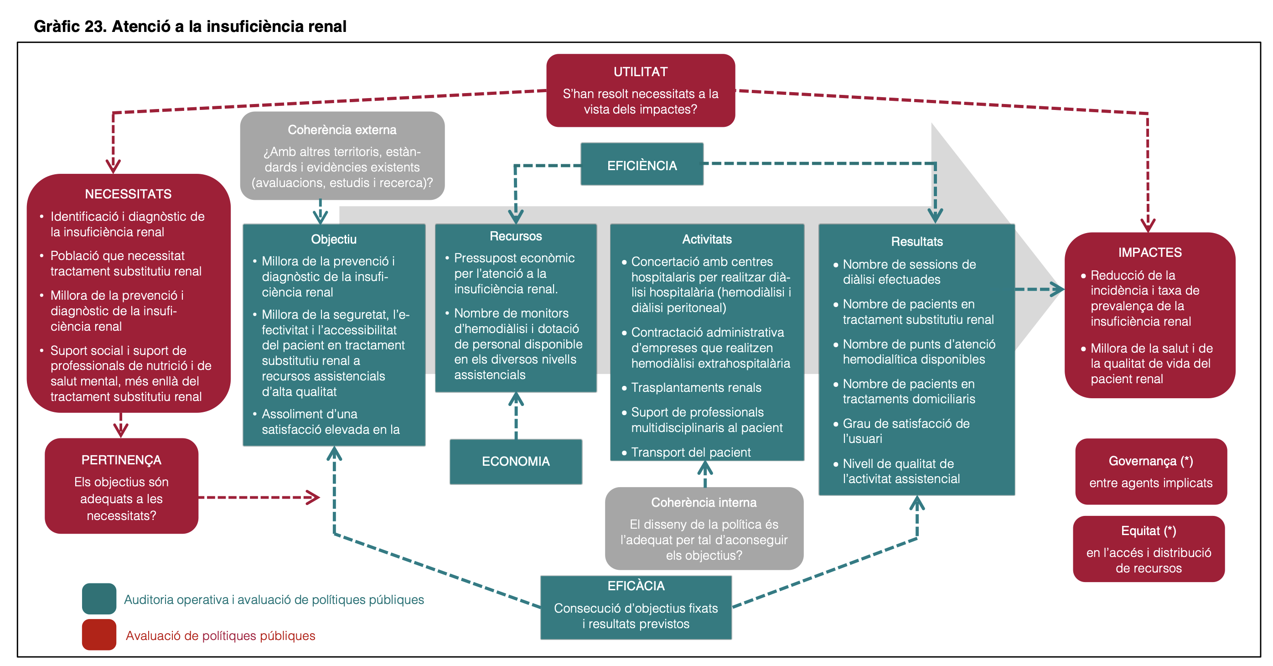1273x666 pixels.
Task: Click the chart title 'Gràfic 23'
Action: click(190, 26)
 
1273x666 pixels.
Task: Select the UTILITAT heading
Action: click(641, 72)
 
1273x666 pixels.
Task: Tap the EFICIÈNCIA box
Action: click(642, 165)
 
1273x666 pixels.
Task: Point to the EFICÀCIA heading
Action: click(636, 586)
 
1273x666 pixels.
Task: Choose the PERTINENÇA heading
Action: click(121, 460)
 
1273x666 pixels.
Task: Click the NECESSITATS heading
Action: click(128, 194)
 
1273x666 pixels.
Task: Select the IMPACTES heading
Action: click(1150, 252)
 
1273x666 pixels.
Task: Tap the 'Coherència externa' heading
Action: click(342, 130)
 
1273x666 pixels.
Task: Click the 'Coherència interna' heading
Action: click(704, 502)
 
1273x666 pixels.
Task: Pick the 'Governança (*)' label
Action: click(1150, 461)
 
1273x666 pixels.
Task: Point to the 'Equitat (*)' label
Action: click(1149, 531)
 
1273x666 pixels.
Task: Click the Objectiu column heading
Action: click(334, 239)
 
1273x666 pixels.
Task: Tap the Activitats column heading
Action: click(707, 239)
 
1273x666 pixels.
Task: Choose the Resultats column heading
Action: click(917, 241)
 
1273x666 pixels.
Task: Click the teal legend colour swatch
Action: click(99, 598)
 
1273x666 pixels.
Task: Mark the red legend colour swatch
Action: click(99, 635)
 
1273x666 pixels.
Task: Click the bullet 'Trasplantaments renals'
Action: click(696, 388)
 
